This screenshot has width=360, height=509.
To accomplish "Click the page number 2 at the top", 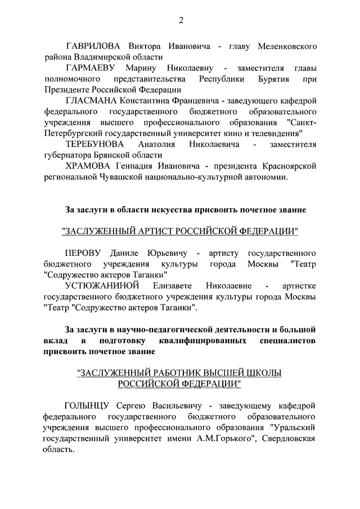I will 181,21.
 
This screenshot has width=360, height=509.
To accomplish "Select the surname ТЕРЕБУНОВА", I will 96,145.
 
